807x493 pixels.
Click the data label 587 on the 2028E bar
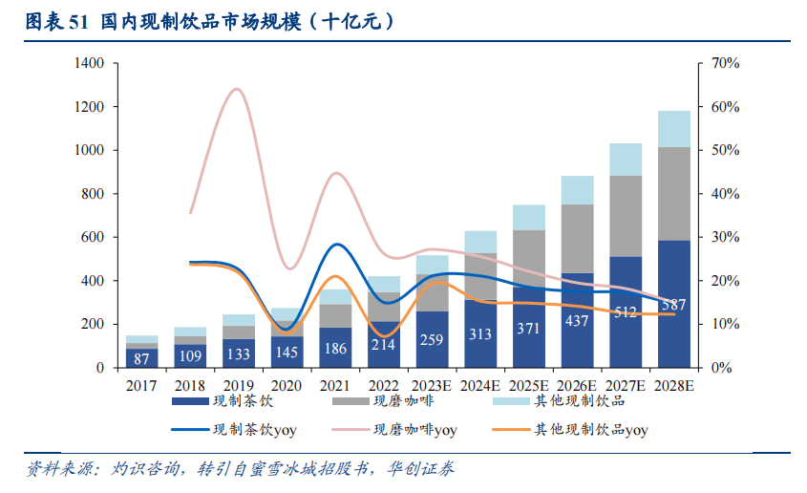coord(674,306)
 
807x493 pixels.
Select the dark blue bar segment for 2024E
coord(480,333)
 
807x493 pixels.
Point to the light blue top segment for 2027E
coord(626,159)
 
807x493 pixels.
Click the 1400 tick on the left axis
coord(89,63)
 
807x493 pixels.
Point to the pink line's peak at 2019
coord(237,89)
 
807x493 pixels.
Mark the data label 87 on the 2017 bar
coord(141,357)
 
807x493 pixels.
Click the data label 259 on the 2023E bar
coord(432,339)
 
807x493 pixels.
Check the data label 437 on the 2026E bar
coord(577,321)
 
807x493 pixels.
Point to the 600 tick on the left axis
coord(93,237)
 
